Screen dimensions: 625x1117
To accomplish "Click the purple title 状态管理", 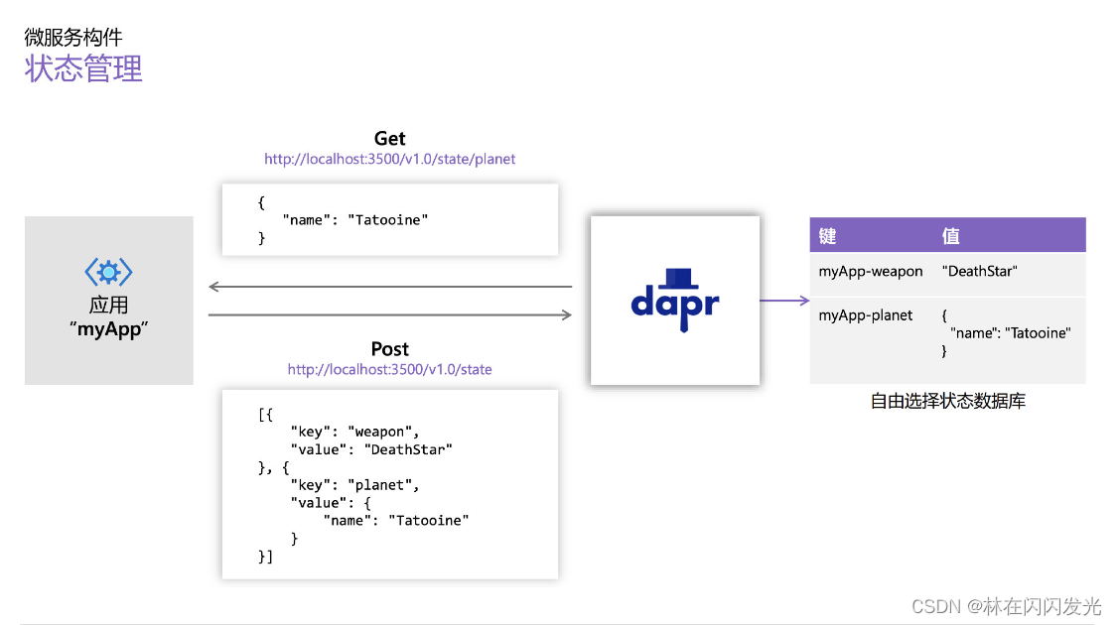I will coord(83,68).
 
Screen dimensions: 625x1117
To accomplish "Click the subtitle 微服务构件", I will coord(73,38).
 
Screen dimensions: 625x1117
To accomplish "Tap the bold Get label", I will coord(389,139).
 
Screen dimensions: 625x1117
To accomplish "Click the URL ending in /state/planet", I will coord(389,159).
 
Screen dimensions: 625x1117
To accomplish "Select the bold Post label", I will coord(389,349).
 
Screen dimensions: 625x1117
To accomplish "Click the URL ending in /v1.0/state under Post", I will coord(389,369).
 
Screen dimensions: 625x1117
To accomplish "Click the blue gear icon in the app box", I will coord(108,273).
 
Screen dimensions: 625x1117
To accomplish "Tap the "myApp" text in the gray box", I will coord(108,329).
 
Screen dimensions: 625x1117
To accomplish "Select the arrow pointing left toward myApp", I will coord(389,288).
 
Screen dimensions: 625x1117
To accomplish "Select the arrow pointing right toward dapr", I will coord(389,315).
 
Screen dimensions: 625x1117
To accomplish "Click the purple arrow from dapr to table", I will coord(784,300).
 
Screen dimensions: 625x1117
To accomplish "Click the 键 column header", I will coord(828,236).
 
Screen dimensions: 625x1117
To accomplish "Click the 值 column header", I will coord(951,236).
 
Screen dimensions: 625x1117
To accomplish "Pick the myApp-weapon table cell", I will coord(871,271).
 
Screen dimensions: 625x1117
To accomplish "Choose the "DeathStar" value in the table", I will coord(980,271).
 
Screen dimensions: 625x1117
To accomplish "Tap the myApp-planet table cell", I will coord(866,315).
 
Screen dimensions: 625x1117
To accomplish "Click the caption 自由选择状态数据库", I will coord(947,402).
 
